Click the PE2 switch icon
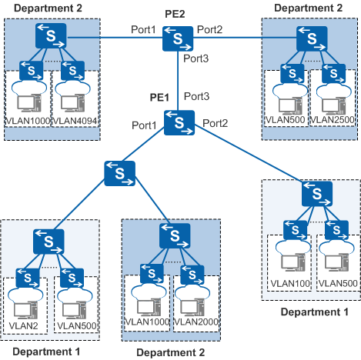coord(178,38)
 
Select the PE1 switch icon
coord(179,123)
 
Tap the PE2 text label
coord(175,14)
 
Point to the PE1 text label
coord(159,98)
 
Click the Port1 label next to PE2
coord(143,30)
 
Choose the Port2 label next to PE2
coord(209,30)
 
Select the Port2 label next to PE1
coord(215,124)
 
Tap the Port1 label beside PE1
coord(144,125)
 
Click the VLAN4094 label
coord(75,121)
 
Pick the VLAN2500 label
coord(333,120)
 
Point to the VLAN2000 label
coord(196,322)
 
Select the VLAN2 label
coord(23,326)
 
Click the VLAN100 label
coord(290,284)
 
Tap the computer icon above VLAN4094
coord(73,103)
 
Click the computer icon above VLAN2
coord(25,310)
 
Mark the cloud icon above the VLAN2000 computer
coord(192,292)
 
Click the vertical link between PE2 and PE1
coord(178,81)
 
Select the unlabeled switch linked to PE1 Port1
coord(119,173)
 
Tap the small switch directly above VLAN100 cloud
coord(295,230)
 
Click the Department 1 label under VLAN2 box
coord(46,352)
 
